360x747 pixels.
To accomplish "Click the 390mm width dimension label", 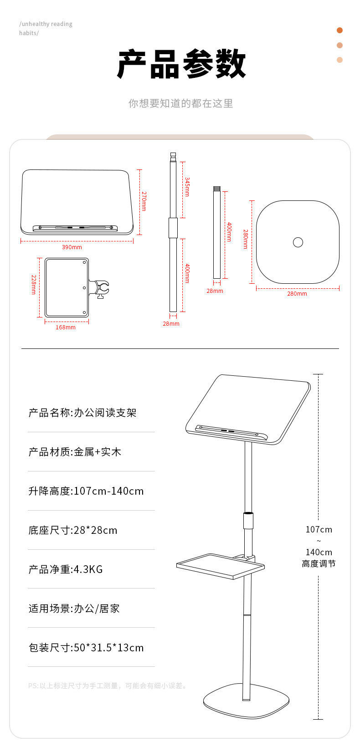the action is (x=72, y=247).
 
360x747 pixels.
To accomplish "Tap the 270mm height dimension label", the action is (x=144, y=201).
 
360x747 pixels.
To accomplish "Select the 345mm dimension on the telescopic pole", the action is (x=187, y=187).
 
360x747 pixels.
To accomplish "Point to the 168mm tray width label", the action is (x=66, y=327).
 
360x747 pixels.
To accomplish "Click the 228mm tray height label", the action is (x=34, y=284).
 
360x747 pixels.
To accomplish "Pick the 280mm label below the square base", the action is (x=297, y=294).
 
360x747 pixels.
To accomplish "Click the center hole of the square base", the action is (x=298, y=242).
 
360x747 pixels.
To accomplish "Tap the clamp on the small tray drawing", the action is (x=100, y=289).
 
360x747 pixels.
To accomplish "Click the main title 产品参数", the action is (x=181, y=64).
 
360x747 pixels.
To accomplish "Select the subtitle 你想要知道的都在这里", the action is (x=181, y=103).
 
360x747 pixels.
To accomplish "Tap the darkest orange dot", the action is (x=339, y=31).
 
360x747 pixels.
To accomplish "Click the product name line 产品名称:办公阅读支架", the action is (x=82, y=413).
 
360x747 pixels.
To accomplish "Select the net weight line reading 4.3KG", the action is (x=66, y=569).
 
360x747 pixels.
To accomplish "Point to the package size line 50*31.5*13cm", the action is (x=86, y=648).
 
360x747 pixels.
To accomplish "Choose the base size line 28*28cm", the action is (x=73, y=530).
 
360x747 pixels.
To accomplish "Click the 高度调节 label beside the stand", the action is (x=319, y=564).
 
